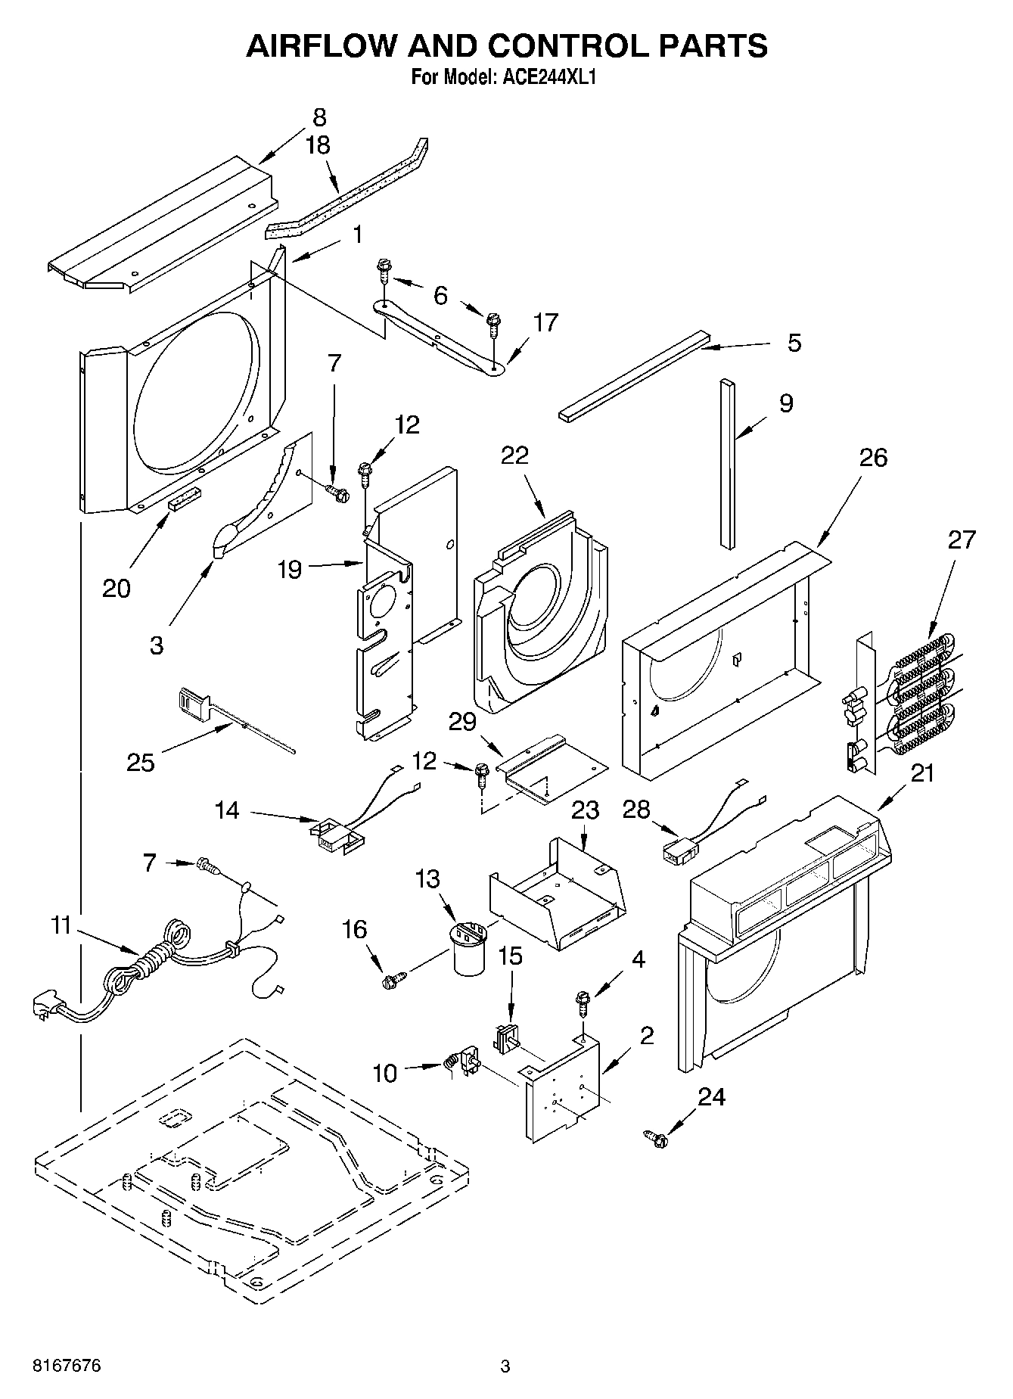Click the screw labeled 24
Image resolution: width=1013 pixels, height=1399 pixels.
point(655,1137)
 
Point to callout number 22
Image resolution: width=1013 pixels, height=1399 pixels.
point(514,456)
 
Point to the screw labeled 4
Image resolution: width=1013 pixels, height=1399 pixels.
point(583,1003)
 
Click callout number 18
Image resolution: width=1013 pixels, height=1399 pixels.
point(319,145)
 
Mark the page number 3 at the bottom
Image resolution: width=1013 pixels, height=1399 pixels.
point(505,1366)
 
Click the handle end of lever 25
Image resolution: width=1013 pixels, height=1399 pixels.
point(193,701)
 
